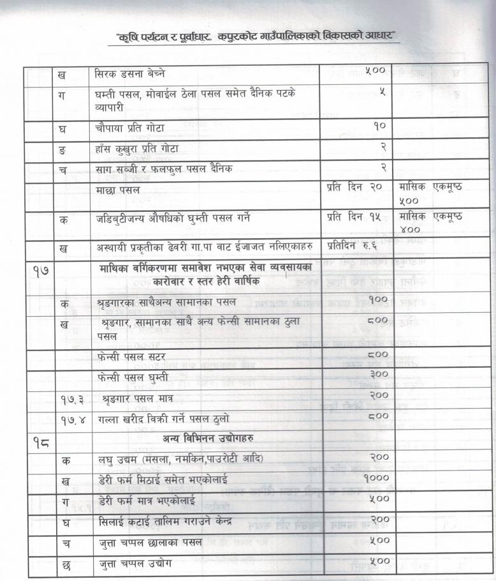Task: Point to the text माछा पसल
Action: pos(125,190)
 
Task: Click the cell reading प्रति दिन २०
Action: pos(354,186)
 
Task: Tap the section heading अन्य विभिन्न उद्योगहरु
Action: pos(208,439)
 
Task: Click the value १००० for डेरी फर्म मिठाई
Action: pos(376,478)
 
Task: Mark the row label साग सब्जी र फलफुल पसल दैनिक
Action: pos(163,169)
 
